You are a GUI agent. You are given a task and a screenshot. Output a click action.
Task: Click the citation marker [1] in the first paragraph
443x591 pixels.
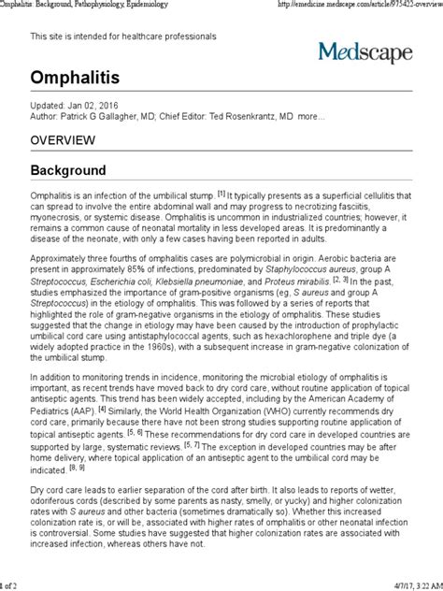coord(221,194)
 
